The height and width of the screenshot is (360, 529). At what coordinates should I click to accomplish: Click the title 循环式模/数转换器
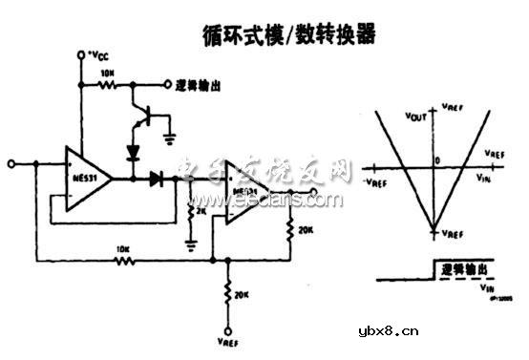[x=289, y=35]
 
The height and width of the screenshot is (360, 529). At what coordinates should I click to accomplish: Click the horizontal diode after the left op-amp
[x=155, y=178]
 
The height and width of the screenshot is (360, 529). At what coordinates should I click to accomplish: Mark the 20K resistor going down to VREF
[x=227, y=293]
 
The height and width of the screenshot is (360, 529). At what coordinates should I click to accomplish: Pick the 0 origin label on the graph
[x=437, y=160]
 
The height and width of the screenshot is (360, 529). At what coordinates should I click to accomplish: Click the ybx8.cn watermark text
[x=387, y=331]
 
